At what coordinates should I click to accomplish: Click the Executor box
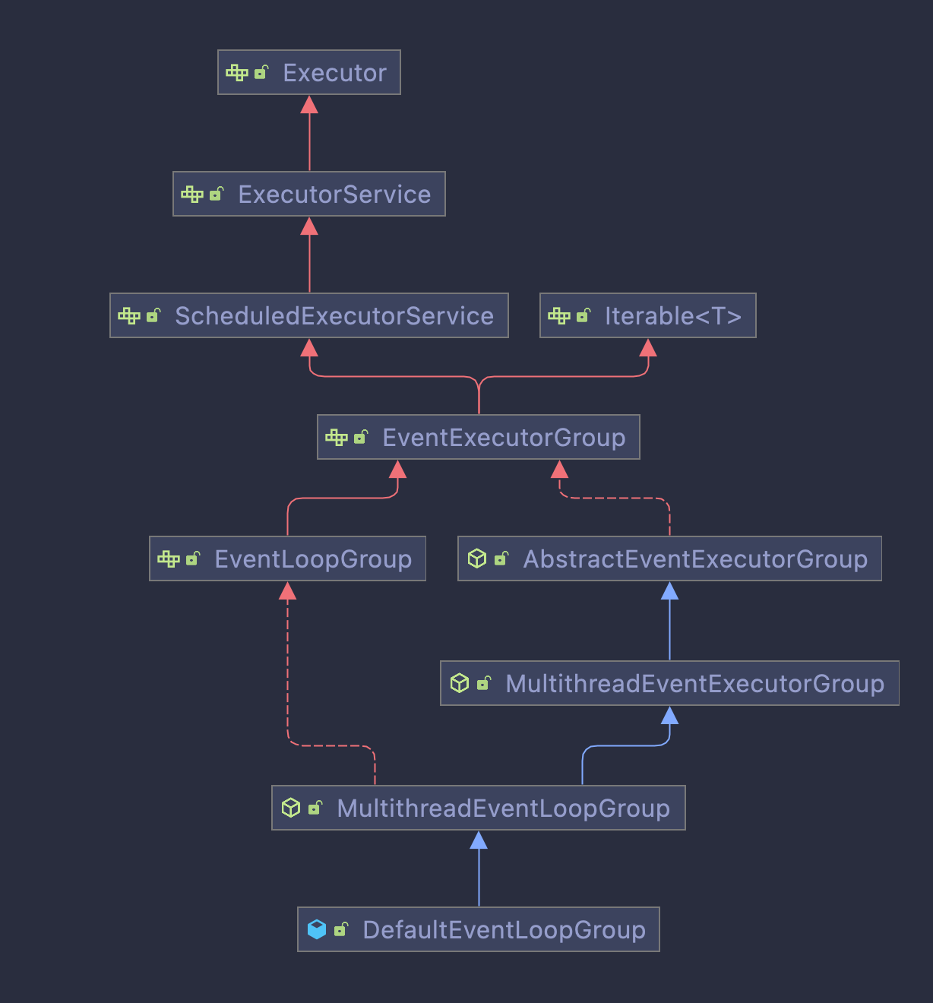309,73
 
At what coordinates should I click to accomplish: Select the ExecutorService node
309,195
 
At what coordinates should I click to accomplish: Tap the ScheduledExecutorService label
334,316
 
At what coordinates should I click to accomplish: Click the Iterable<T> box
648,316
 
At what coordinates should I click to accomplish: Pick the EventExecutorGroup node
479,438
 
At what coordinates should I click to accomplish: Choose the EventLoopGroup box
287,559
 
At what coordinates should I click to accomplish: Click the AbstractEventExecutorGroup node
669,559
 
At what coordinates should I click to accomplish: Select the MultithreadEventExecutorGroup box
669,684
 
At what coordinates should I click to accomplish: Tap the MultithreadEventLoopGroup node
479,808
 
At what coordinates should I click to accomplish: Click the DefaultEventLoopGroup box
479,930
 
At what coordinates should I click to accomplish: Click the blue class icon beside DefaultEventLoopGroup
317,929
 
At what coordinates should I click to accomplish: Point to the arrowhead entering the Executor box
309,105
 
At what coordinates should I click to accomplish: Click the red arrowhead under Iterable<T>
648,348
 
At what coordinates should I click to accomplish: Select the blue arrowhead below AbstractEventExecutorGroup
669,591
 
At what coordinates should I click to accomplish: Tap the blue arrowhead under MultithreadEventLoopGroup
479,840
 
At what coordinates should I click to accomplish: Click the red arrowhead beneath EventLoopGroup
287,591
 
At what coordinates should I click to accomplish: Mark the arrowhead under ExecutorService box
309,226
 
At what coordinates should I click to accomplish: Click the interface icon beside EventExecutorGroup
336,437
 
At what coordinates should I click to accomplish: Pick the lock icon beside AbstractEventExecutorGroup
501,558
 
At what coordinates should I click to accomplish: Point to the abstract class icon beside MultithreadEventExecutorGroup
460,683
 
